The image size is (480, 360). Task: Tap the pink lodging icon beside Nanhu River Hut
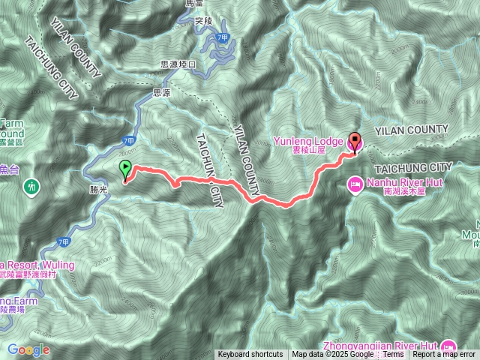click(355, 183)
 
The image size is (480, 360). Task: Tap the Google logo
click(28, 349)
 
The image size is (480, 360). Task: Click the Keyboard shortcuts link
click(250, 355)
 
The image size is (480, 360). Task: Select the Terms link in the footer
click(392, 355)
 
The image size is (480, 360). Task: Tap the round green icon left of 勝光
click(32, 184)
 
